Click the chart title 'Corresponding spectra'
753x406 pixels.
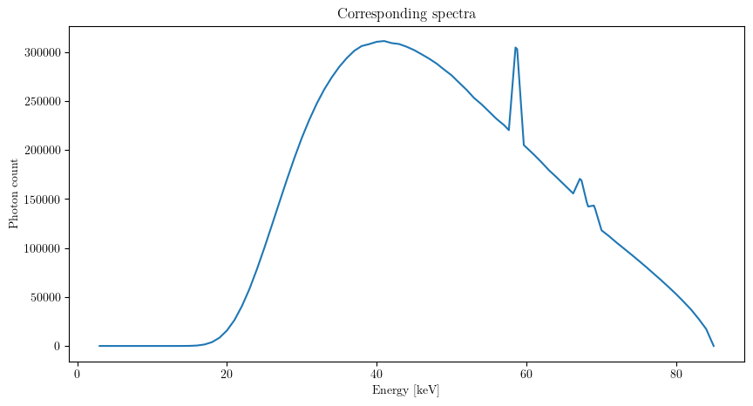click(407, 15)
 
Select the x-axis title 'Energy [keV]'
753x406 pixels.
click(407, 390)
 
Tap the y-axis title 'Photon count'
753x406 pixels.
click(14, 193)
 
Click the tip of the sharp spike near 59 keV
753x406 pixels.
click(516, 47)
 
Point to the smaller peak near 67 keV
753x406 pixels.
click(580, 179)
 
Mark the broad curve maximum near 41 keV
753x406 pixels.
click(383, 40)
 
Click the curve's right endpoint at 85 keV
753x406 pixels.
click(714, 346)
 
